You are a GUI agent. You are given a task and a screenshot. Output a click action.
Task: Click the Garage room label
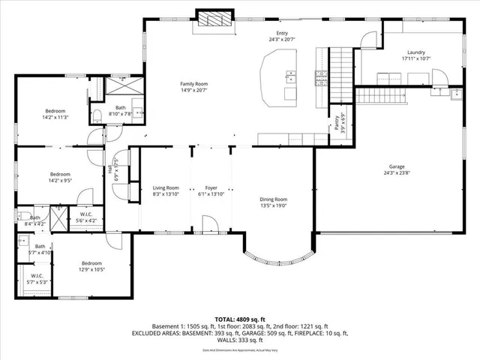tap(397, 166)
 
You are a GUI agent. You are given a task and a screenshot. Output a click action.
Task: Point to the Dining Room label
tap(273, 199)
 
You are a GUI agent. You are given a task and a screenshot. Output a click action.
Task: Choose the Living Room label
tap(166, 187)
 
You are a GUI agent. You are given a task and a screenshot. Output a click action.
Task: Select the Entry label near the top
tap(282, 33)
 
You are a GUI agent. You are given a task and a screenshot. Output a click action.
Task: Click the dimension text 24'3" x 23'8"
tap(397, 173)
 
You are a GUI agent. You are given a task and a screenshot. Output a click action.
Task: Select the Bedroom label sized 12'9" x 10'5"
tap(91, 263)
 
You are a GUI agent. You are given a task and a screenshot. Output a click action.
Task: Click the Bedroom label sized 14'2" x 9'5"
tap(60, 174)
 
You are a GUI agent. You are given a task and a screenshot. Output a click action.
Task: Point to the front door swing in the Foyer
tap(211, 223)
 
